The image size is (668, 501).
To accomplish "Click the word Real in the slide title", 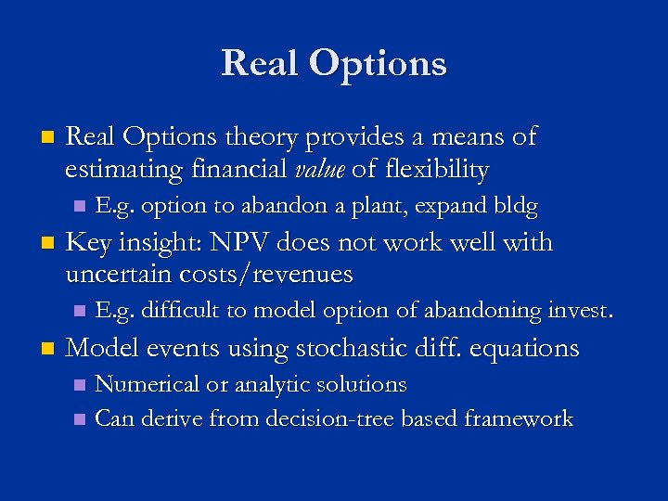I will [260, 63].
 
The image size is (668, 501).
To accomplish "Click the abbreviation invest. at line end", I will [576, 311].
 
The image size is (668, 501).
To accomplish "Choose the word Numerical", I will [146, 384].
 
